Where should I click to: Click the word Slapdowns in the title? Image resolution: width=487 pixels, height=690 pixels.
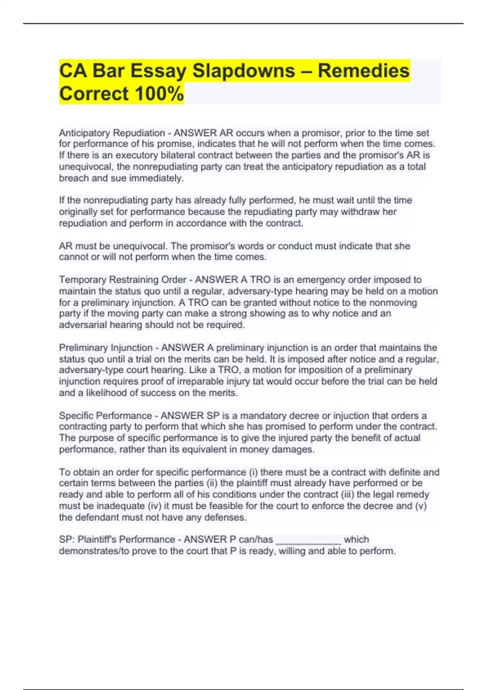(243, 71)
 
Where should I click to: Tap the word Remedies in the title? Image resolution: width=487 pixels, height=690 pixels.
(364, 71)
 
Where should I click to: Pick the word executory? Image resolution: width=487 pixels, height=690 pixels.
(137, 155)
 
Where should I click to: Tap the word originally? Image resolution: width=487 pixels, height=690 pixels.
(79, 212)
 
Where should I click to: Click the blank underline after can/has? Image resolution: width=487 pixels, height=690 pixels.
(308, 540)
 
